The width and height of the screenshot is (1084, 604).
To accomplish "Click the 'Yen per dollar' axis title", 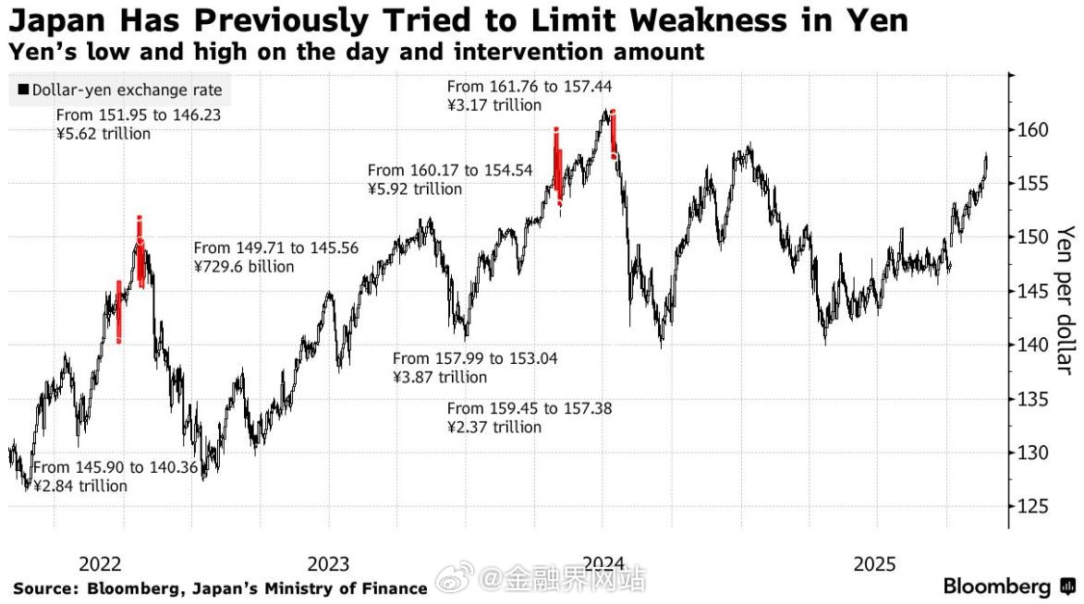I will click(x=1066, y=299).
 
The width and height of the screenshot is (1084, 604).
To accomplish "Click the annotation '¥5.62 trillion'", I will click(x=103, y=134).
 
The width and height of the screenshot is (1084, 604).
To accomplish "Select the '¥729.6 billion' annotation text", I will click(x=244, y=267).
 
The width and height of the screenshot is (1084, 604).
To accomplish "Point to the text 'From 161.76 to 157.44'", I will click(x=530, y=87).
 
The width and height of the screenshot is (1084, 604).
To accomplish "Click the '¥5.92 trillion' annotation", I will click(x=415, y=188).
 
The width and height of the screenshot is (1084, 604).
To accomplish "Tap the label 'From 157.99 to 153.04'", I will click(x=475, y=358).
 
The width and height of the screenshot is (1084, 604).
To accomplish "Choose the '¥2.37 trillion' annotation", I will click(x=494, y=427).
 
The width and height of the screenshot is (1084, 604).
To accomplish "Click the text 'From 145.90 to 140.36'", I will click(x=116, y=467).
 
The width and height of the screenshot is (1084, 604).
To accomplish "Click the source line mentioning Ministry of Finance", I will click(x=220, y=588).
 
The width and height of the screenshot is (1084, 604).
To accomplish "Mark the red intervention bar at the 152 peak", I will click(x=140, y=249).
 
